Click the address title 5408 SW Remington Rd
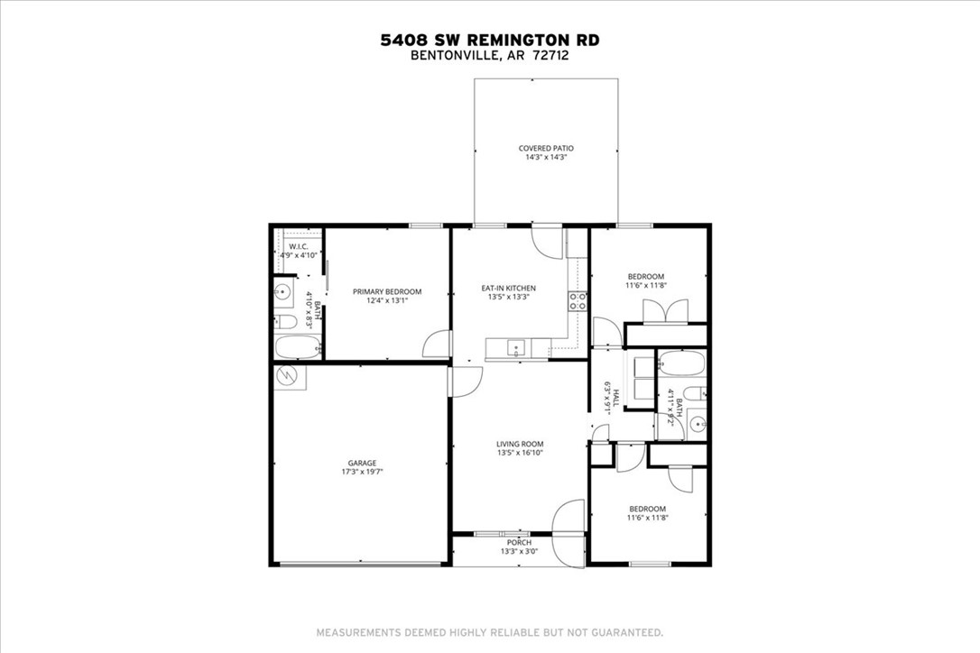[489, 40]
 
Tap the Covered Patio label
[546, 148]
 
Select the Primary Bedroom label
[387, 291]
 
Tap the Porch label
[519, 542]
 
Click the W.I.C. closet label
[300, 246]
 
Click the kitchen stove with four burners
[577, 301]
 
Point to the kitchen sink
[516, 347]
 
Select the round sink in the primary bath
[282, 291]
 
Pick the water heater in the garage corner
[291, 376]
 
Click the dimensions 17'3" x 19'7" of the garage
[358, 472]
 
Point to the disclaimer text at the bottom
[489, 631]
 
